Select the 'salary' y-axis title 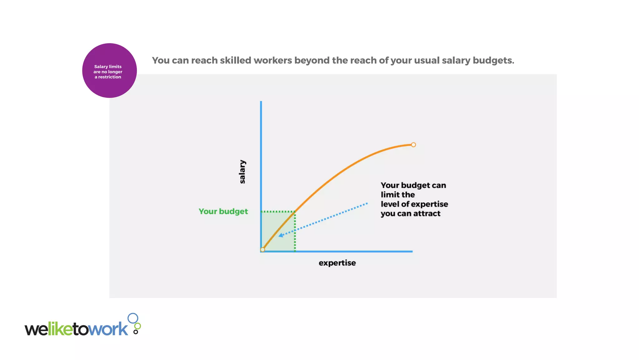point(242,172)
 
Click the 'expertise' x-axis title point(337,263)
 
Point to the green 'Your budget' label point(223,212)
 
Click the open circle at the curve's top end point(413,145)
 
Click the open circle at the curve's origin point(263,250)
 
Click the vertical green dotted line point(295,232)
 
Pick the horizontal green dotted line point(278,212)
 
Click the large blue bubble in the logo point(133,318)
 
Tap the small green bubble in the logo point(137,326)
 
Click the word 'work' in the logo point(108,329)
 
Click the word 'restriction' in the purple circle point(110,77)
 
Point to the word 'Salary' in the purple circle point(101,67)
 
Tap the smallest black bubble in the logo point(135,332)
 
